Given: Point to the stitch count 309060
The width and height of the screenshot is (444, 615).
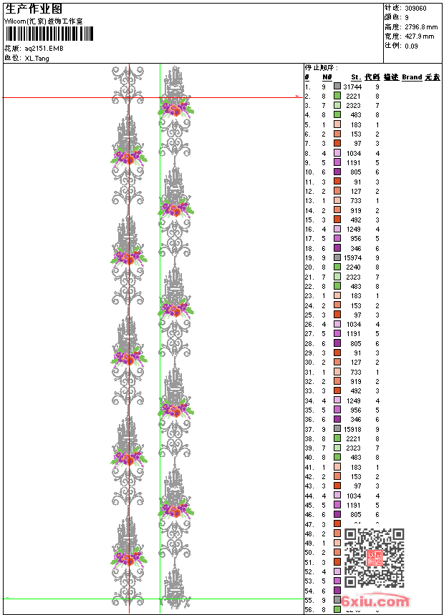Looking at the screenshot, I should [x=416, y=8].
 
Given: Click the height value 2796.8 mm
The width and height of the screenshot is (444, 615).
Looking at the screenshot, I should [x=420, y=26].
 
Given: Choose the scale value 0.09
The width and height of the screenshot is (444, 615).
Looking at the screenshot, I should [x=411, y=45].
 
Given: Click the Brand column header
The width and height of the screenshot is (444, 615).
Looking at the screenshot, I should [x=412, y=77].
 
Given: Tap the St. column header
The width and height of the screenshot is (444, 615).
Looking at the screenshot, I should [x=355, y=77].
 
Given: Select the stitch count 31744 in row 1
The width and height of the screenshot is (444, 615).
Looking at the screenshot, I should [x=352, y=86].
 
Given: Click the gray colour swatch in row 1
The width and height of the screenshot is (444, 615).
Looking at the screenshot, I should [x=337, y=86].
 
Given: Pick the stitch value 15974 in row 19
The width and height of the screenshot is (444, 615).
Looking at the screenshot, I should [x=352, y=257].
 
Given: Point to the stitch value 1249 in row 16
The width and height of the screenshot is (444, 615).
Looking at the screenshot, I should [x=354, y=229].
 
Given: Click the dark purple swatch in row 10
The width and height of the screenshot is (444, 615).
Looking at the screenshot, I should [x=337, y=172].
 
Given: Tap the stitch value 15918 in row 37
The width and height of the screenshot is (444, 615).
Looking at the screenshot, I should [x=352, y=429].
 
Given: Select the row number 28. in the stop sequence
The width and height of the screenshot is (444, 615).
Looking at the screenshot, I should [x=309, y=343].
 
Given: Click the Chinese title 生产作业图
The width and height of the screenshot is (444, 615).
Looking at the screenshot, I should [x=34, y=9].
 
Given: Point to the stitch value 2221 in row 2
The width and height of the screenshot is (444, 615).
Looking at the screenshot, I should [x=354, y=96].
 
